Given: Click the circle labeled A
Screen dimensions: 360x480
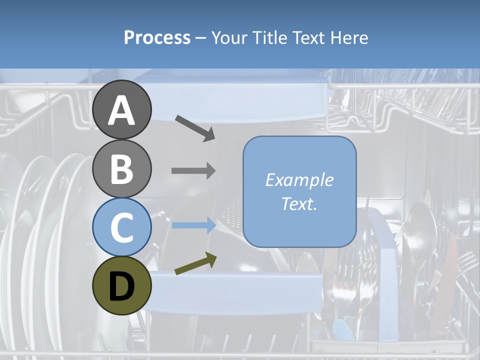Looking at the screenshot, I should [121, 109].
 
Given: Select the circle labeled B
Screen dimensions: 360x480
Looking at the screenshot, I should [121, 168].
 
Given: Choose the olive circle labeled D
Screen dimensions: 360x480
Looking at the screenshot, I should [121, 285].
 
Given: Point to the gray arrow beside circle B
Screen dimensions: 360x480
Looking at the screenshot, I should [193, 171].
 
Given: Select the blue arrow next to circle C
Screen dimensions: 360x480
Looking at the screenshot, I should [193, 225].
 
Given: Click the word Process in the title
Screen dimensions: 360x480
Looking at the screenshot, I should [157, 38].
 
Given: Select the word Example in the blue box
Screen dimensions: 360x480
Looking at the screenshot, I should [299, 180].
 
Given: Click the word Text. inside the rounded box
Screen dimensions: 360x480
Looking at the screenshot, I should [299, 203].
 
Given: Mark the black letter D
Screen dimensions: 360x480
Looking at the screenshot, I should [121, 286].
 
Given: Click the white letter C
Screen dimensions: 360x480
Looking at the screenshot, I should [121, 227].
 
